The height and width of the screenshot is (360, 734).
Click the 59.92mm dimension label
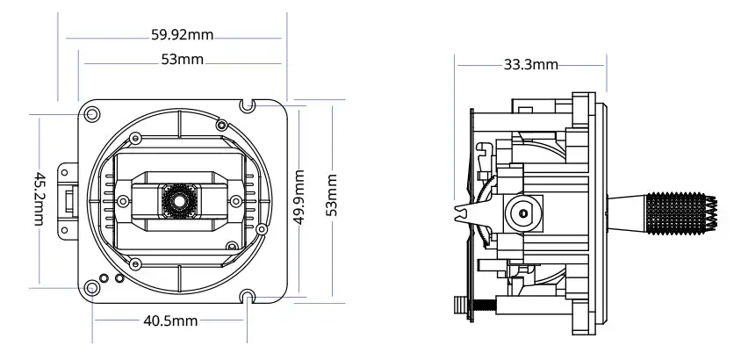183,36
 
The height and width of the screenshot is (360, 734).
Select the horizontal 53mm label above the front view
183,61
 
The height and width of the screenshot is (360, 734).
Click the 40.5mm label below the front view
170,321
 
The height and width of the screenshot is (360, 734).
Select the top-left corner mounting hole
92,114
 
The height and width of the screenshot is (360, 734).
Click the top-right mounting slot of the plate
248,105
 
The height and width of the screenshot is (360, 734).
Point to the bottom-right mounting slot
248,297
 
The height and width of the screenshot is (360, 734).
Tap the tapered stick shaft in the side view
629,212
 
